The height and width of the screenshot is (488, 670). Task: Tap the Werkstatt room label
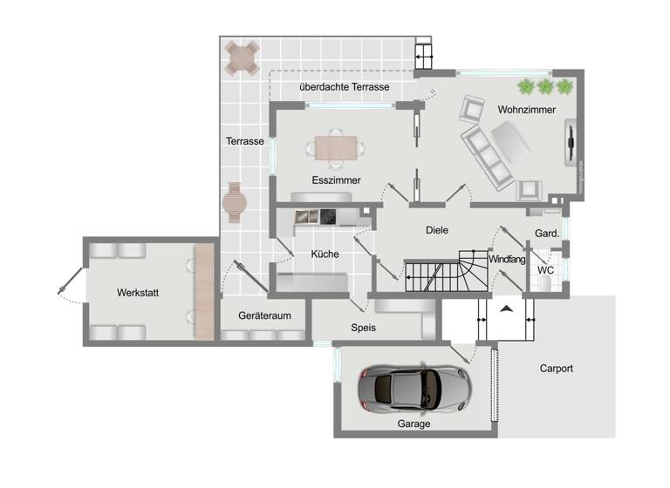pos(138,293)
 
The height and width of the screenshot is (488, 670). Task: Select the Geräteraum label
pos(264,315)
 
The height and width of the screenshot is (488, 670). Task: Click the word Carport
pos(557,369)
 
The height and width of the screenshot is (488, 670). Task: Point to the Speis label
pos(363,328)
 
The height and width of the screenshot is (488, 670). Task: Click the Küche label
pos(325,254)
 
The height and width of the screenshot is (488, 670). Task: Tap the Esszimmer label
pos(336,180)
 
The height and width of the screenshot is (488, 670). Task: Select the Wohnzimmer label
pos(527,110)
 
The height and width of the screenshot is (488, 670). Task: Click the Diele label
pos(436,230)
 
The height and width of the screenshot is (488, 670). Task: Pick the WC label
pos(545,270)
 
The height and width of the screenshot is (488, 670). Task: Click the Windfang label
pos(507,260)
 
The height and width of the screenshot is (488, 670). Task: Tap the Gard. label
pos(546,233)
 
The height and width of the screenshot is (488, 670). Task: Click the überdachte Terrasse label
pos(344,88)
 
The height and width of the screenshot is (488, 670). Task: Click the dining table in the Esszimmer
pos(336,148)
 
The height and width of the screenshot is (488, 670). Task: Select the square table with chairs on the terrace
pos(242,58)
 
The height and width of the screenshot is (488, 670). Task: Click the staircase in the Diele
pos(448,273)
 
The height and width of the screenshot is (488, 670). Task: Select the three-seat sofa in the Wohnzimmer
pos(487,157)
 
